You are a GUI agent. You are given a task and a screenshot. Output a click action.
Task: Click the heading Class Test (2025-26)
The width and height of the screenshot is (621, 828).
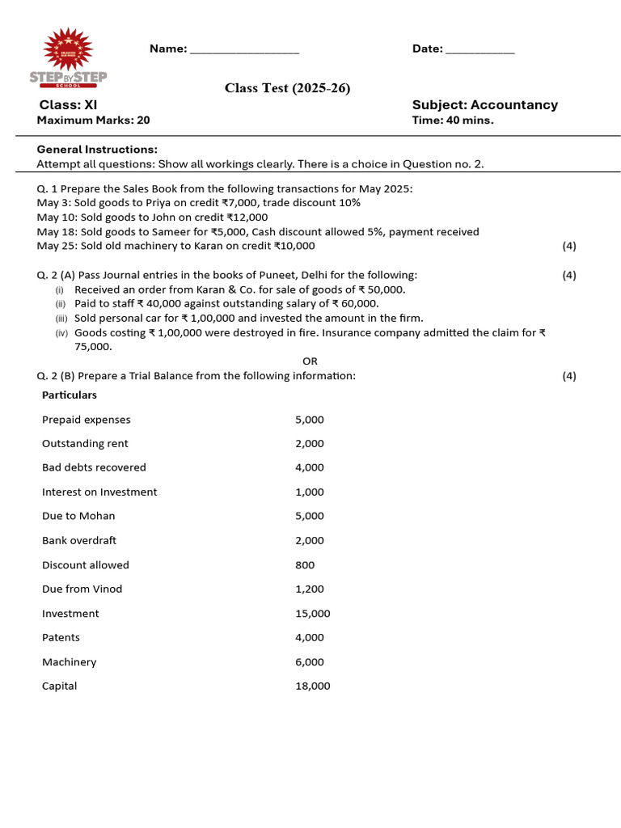(x=287, y=88)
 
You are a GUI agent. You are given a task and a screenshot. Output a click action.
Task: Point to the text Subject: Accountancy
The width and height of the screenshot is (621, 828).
(x=484, y=104)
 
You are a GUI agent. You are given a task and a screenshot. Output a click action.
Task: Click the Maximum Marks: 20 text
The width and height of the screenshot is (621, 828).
(x=93, y=120)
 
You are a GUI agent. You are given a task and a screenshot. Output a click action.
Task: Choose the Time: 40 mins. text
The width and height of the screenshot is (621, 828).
(x=452, y=120)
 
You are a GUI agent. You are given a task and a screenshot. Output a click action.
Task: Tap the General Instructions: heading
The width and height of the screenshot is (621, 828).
(x=97, y=149)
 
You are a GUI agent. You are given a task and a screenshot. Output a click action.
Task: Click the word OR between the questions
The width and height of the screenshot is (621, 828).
(x=310, y=361)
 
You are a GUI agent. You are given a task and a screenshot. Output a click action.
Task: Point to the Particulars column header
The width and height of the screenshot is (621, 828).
(x=69, y=395)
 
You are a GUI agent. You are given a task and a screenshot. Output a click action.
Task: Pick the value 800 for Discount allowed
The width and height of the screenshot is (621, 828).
(x=305, y=565)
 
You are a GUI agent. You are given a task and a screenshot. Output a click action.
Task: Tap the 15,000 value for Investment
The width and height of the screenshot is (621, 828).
(x=312, y=614)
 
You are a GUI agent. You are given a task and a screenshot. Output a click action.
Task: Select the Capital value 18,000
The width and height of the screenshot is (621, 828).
(x=312, y=686)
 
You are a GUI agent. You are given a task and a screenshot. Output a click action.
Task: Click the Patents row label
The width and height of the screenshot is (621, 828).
(x=61, y=637)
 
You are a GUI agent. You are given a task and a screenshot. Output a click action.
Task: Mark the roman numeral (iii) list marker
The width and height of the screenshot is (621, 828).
(x=60, y=319)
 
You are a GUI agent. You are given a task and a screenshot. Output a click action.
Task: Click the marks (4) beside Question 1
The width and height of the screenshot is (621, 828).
(x=569, y=246)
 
